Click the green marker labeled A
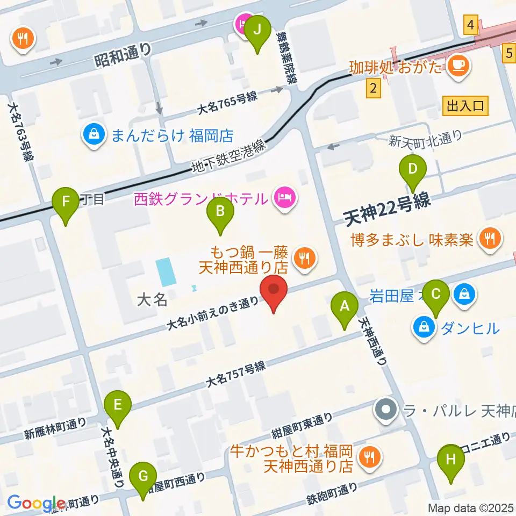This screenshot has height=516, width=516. click(x=345, y=307)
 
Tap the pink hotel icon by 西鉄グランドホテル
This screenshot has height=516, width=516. click(x=284, y=198)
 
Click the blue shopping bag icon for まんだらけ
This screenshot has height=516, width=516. click(x=95, y=134)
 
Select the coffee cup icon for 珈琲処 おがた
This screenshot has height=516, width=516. click(x=458, y=66)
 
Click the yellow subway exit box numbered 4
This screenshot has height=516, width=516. click(x=471, y=25)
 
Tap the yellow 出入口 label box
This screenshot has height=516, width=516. click(x=465, y=105)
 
